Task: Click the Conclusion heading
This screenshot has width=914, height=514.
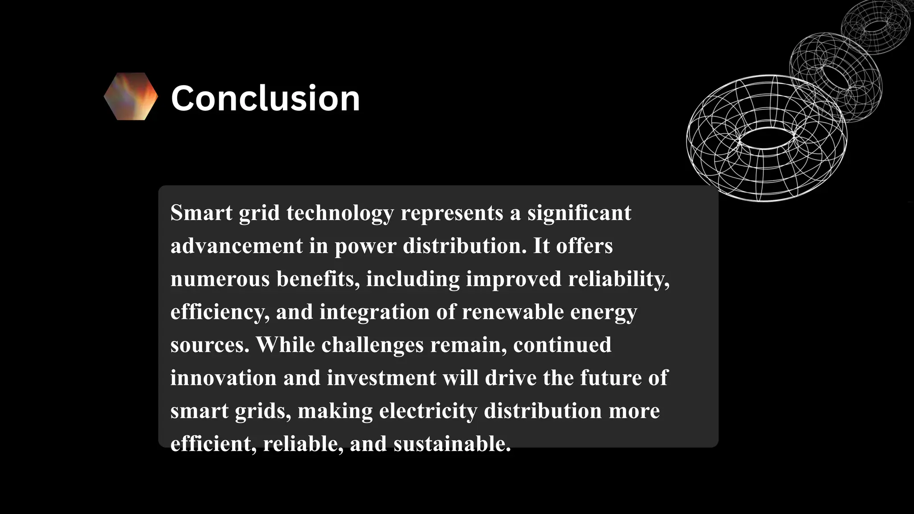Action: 265,98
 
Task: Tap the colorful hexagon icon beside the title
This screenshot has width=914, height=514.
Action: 131,96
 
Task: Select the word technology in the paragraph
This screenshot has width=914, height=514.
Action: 340,213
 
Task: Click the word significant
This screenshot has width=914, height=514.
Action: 579,213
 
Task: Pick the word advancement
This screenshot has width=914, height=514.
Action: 237,246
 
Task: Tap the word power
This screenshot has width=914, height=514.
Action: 366,247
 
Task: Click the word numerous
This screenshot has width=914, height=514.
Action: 220,279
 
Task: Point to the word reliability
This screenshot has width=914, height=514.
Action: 619,279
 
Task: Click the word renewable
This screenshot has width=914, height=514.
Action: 513,312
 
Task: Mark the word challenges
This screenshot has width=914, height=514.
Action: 372,345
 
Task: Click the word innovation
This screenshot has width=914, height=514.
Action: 223,378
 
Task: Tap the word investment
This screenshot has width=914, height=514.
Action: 382,378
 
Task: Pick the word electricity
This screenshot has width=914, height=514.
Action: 428,411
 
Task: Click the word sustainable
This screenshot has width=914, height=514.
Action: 452,444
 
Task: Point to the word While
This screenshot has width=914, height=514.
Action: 285,345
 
